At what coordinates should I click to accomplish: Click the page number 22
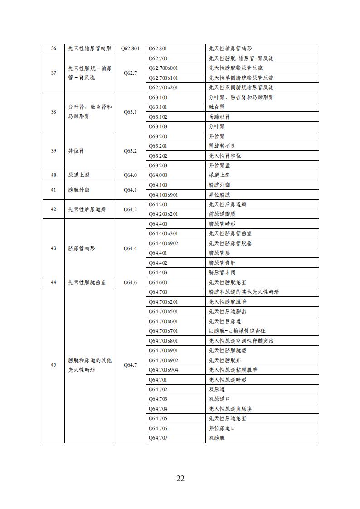click(x=180, y=479)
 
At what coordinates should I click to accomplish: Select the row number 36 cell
click(x=54, y=48)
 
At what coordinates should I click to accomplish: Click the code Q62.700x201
click(x=163, y=87)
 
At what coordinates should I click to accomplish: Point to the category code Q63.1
click(x=130, y=112)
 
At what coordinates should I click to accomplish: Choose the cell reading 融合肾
click(x=217, y=107)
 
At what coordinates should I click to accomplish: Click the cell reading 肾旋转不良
click(x=222, y=146)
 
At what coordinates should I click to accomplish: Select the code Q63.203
click(x=158, y=165)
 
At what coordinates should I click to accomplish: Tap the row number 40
click(x=54, y=175)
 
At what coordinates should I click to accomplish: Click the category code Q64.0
click(x=130, y=175)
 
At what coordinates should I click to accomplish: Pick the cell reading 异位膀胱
click(x=219, y=194)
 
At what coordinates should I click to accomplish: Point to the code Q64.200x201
click(x=163, y=214)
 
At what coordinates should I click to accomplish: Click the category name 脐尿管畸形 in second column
click(x=82, y=248)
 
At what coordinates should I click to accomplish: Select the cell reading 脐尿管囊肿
click(x=222, y=262)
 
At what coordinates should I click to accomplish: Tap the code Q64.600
click(x=158, y=282)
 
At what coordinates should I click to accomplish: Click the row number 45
click(x=54, y=365)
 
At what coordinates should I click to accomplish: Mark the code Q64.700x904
click(x=163, y=369)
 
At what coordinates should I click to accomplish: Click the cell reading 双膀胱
click(x=217, y=438)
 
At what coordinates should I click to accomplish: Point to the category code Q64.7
click(x=130, y=365)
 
